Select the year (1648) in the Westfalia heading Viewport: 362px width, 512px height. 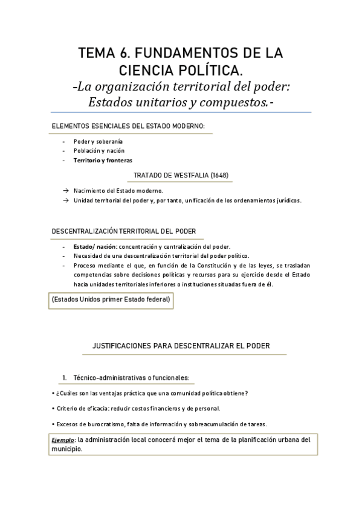(x=218, y=176)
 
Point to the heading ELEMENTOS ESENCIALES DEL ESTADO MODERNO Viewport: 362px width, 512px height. (x=128, y=126)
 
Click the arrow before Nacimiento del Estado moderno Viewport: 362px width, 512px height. (x=65, y=190)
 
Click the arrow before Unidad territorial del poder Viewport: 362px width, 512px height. (x=65, y=200)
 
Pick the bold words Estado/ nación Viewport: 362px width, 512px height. (x=95, y=246)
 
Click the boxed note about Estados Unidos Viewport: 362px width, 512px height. (x=111, y=299)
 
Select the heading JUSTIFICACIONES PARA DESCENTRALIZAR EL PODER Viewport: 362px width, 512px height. (x=181, y=345)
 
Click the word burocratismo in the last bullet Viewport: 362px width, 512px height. (x=105, y=424)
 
